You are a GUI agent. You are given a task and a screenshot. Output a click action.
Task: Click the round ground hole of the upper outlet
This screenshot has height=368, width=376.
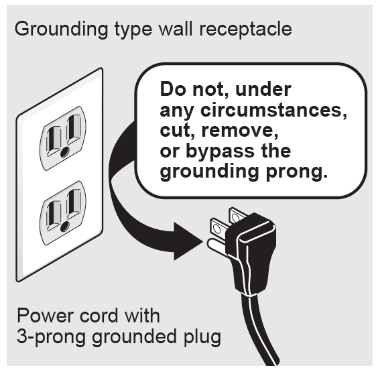(65, 152)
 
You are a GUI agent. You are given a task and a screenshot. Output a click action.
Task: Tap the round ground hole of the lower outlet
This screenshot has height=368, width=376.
(65, 226)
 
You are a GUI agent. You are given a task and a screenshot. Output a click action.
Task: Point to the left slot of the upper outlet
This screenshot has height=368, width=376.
(54, 140)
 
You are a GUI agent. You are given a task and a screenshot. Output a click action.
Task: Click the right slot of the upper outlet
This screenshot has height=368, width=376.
(74, 128)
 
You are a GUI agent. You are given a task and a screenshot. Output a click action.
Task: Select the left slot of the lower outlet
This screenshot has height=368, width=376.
(54, 214)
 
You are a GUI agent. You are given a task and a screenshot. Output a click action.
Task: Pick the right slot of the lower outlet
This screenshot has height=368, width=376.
(74, 202)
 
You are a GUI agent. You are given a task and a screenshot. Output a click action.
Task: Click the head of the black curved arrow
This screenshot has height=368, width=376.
(188, 241)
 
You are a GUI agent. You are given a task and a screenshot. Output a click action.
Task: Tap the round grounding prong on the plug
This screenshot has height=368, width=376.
(216, 245)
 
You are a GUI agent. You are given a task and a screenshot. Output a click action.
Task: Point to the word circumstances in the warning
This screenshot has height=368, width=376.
(273, 110)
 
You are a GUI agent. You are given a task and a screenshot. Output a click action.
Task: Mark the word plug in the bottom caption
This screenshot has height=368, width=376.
(202, 338)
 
